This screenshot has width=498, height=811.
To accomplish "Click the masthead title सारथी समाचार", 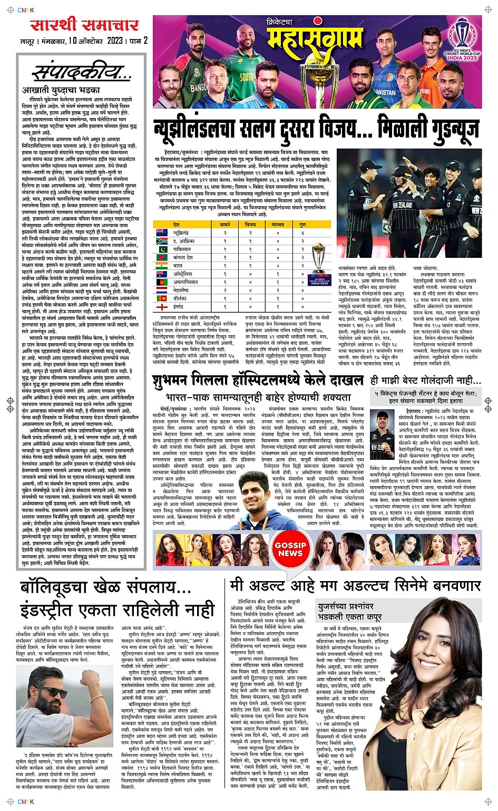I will [84, 25].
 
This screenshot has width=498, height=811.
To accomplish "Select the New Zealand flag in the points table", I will [162, 233].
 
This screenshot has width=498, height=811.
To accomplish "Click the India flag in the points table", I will [162, 266].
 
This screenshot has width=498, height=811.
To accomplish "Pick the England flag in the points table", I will [162, 306].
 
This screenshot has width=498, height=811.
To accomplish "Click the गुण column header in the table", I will [302, 225].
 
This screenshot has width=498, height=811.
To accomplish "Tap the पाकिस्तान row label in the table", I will [182, 249].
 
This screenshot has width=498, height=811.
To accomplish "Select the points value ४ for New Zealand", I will [302, 233].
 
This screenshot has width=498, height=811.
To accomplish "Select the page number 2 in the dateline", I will [145, 41].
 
